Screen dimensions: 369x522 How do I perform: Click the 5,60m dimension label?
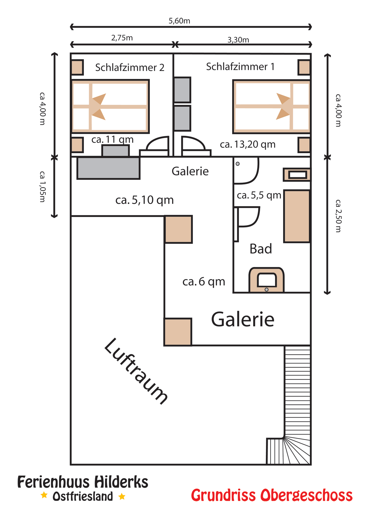(179, 21)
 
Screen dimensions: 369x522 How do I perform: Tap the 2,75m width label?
(122, 38)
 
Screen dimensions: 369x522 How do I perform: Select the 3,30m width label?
(238, 40)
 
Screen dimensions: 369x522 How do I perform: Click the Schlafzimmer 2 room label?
(130, 67)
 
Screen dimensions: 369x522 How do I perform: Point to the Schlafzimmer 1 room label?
(240, 67)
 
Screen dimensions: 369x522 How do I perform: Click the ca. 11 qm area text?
(113, 139)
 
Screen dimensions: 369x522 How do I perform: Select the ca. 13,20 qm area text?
(248, 144)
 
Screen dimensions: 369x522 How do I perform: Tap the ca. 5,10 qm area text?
(144, 200)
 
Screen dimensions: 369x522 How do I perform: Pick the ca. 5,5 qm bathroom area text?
(259, 195)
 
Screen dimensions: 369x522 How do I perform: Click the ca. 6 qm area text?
(204, 282)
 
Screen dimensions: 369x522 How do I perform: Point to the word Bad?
(261, 249)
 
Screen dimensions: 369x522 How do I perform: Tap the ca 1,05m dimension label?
(42, 187)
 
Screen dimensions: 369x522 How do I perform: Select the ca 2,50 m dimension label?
(338, 216)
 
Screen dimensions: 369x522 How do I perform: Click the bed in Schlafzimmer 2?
(110, 106)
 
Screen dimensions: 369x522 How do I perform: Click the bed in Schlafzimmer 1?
(272, 106)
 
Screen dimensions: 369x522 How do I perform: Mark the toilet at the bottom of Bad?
(266, 280)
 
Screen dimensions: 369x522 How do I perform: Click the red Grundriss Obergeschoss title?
(272, 496)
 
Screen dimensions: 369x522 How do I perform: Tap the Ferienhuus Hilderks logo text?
(83, 482)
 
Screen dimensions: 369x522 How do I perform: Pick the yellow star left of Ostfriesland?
(44, 495)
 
